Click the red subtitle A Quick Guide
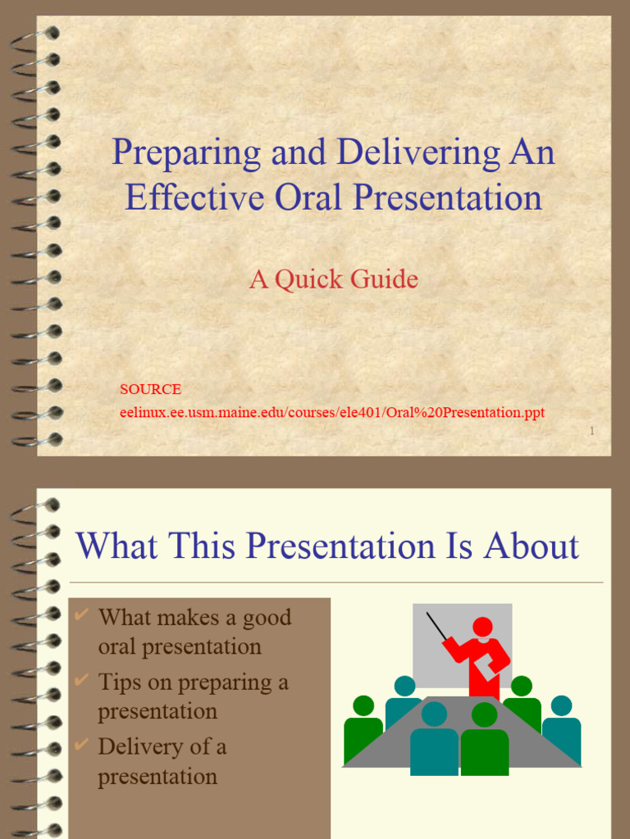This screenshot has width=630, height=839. click(x=334, y=279)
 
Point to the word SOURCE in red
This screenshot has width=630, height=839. click(x=150, y=389)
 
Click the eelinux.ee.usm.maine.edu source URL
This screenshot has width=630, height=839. click(x=332, y=412)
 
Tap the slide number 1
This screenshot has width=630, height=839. click(x=592, y=432)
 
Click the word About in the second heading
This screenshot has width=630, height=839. click(x=532, y=546)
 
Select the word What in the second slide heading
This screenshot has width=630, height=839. click(x=114, y=546)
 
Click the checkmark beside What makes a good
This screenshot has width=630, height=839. click(x=81, y=615)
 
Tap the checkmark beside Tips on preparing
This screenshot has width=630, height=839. click(x=81, y=679)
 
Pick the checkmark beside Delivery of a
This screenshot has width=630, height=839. click(x=81, y=744)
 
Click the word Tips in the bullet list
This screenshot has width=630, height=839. click(x=116, y=682)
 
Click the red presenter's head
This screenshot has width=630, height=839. click(x=482, y=627)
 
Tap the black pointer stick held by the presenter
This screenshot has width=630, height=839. click(x=437, y=627)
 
